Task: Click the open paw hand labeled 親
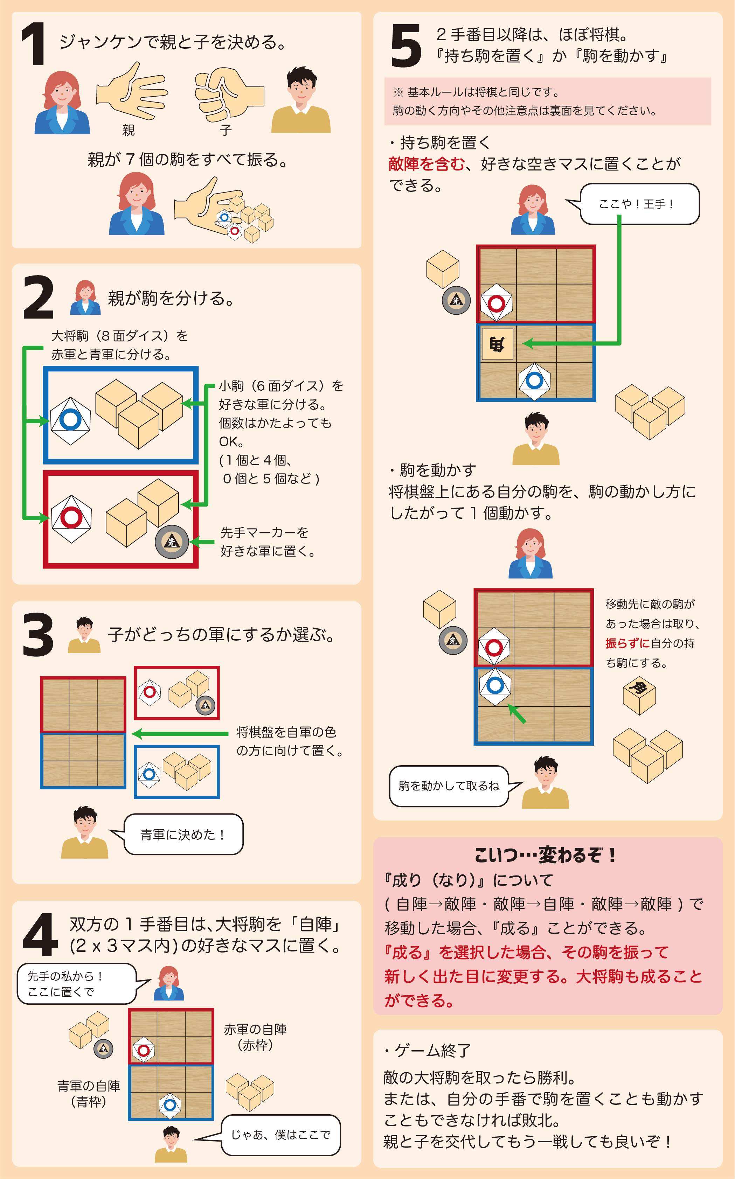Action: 131,91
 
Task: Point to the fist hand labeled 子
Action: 228,94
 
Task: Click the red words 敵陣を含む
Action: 426,164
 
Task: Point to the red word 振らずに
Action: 627,643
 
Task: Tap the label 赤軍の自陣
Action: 255,1029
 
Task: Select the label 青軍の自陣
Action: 89,1086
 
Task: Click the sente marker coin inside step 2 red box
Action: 172,542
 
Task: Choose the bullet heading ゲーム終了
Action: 428,1050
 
